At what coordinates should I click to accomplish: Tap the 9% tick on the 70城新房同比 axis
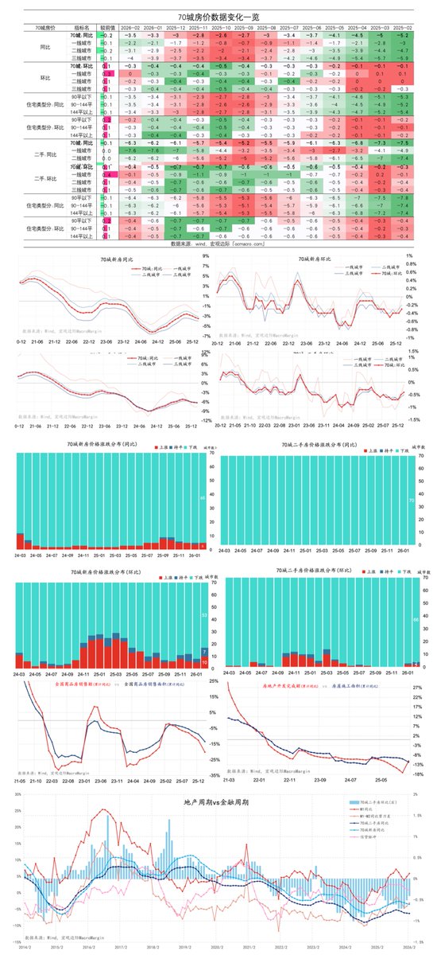(x=206, y=256)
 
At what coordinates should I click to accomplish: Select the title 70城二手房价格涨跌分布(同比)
(x=317, y=445)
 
